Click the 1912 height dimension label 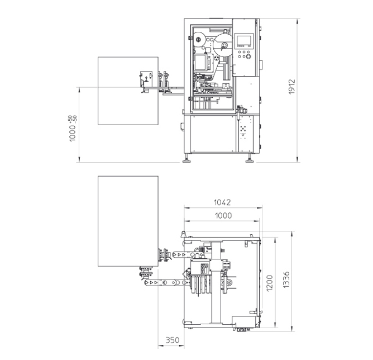click(x=292, y=87)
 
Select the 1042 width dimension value click(x=222, y=202)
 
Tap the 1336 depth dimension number click(x=286, y=280)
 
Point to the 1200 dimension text click(x=270, y=283)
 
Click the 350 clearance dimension click(x=173, y=340)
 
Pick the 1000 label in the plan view click(x=223, y=216)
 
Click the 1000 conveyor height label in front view click(x=73, y=129)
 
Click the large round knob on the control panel click(x=248, y=56)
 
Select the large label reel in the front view click(x=223, y=45)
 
